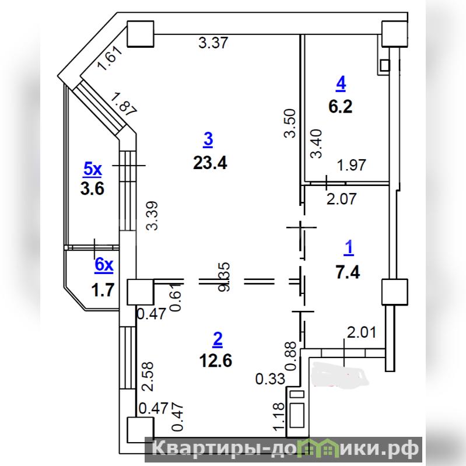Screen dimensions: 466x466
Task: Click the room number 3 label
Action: (x=208, y=139)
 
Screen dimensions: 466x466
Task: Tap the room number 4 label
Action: (x=341, y=84)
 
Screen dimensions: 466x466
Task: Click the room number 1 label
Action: (x=349, y=248)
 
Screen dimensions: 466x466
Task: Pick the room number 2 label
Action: (x=218, y=338)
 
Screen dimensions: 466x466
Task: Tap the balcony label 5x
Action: (x=92, y=170)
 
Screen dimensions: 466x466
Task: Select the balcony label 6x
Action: (x=103, y=265)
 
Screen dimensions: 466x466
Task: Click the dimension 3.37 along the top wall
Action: (x=213, y=42)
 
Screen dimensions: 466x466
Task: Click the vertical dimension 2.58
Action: (x=149, y=377)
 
